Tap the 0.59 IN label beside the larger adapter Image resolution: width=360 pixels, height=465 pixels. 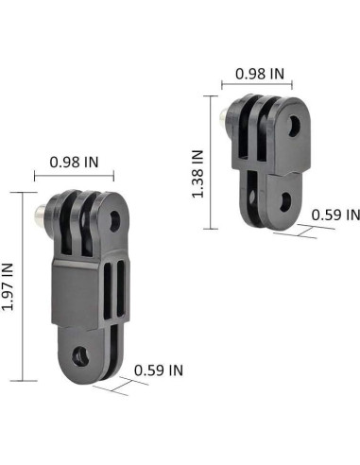(x=158, y=370)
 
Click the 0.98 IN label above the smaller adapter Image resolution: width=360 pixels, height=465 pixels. (x=260, y=73)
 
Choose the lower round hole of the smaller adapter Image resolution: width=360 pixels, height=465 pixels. (x=284, y=199)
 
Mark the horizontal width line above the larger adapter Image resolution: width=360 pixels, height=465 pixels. (x=74, y=176)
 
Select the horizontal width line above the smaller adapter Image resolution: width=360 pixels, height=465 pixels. (x=260, y=85)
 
